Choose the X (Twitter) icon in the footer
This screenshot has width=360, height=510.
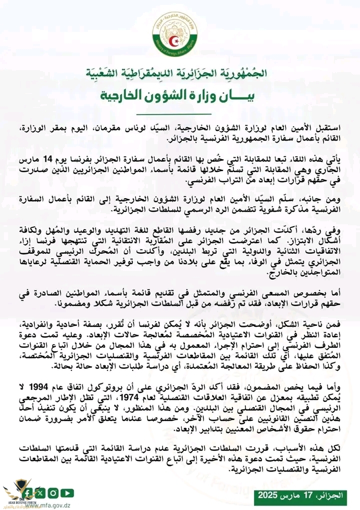click(x=41, y=493)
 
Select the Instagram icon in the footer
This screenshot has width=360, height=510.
click(x=53, y=493)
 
